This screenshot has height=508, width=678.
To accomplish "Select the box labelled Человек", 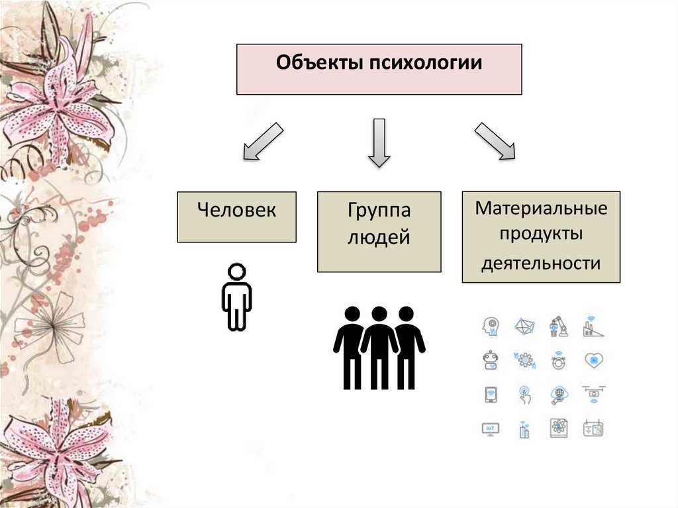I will coord(236,217).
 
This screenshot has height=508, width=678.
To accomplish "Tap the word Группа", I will coord(379,211).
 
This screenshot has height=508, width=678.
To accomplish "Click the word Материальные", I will coord(541,209).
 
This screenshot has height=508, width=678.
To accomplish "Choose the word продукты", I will coord(541,235).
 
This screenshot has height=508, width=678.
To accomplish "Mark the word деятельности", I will coord(541,263).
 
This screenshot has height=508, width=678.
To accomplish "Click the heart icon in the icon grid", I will coord(593,360).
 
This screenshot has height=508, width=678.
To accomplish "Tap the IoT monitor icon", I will coord(491,429).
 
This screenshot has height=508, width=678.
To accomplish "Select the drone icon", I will coord(593,395).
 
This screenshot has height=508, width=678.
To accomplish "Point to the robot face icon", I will coord(491,360).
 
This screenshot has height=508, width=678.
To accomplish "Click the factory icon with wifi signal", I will coord(591,327).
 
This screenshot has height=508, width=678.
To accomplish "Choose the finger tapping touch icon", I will coord(525,395).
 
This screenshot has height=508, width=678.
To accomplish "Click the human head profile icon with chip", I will coord(491,326).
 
